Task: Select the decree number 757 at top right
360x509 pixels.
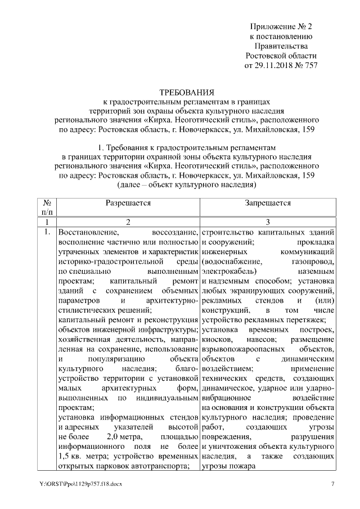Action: [310, 65]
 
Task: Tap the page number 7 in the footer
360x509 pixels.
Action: [332, 484]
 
